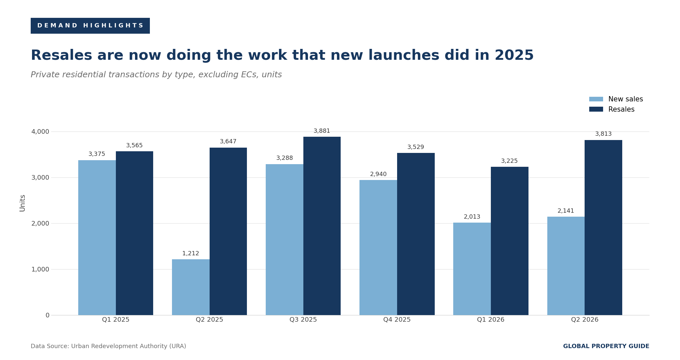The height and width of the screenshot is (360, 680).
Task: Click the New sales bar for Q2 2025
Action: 191,287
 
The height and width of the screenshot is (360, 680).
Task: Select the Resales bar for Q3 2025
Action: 322,226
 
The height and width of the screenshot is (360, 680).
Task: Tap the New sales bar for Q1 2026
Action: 472,269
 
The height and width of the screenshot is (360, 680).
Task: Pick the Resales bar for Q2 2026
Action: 603,228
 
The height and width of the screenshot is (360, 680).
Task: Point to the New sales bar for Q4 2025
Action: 378,247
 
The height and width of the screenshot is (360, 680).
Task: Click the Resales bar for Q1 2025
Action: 134,233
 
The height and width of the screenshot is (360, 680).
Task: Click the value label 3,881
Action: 322,131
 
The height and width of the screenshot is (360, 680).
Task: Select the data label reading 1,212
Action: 191,254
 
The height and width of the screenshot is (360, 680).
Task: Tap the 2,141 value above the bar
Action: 566,211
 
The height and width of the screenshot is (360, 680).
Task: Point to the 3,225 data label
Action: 509,161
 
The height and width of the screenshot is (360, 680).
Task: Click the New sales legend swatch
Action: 596,99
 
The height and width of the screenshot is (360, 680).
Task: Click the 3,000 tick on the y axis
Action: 40,177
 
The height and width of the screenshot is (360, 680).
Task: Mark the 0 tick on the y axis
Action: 48,315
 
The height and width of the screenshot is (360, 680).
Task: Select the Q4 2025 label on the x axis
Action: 397,320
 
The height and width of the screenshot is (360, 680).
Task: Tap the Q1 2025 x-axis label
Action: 116,320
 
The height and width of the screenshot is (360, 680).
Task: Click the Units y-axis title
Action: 22,203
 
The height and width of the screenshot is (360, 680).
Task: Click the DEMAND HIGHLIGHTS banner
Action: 90,26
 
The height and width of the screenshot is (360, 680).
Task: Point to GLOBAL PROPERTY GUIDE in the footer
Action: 606,346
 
